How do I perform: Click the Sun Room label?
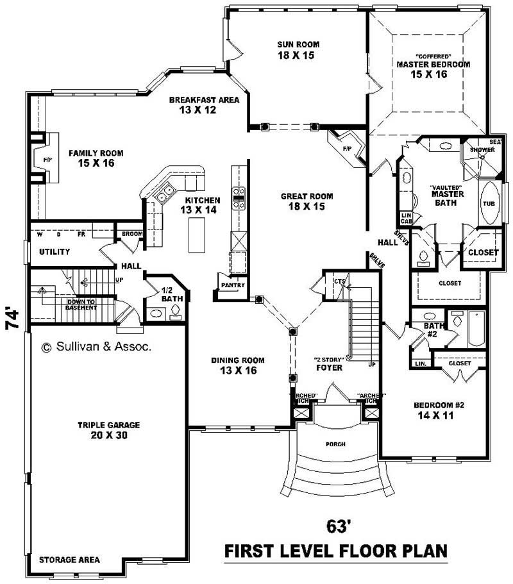click(298, 50)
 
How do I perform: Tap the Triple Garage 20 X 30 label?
click(109, 430)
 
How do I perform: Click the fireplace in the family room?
click(47, 159)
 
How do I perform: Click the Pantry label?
click(230, 285)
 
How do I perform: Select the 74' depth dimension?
click(12, 319)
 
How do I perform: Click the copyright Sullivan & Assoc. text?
click(96, 347)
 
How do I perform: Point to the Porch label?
click(335, 444)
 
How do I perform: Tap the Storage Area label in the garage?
click(69, 560)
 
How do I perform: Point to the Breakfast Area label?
click(204, 104)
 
